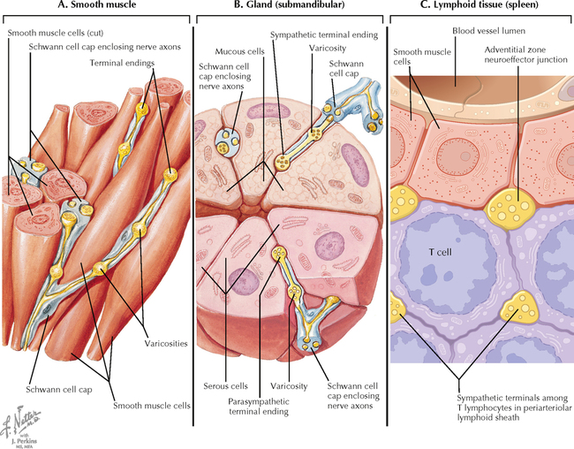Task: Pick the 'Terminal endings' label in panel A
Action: click(120, 64)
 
